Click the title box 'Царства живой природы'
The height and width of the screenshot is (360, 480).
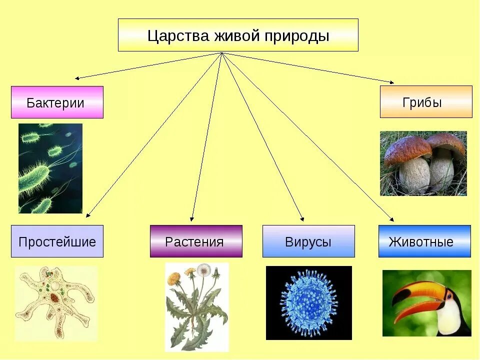[238, 35]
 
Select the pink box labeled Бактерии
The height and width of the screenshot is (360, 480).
[57, 102]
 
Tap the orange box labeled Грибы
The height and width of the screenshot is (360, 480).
[426, 102]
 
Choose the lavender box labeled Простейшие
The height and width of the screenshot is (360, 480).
[57, 241]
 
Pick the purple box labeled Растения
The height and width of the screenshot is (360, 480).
[196, 241]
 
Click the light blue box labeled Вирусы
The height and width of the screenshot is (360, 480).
[308, 241]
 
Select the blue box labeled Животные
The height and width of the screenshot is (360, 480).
[424, 241]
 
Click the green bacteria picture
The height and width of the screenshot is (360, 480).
[50, 168]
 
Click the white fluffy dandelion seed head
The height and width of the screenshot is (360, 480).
[203, 270]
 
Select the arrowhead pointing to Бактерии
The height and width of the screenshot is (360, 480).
[77, 78]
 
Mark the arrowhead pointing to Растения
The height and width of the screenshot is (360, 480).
[192, 219]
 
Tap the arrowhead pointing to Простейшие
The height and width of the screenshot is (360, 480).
[88, 216]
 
